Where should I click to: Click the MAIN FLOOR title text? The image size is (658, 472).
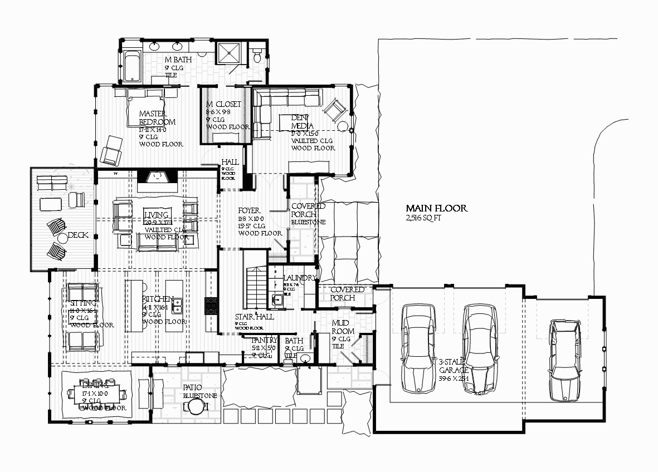pos(436,208)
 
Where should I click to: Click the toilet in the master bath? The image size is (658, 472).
pos(257,56)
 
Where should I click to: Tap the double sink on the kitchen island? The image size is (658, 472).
pos(178,306)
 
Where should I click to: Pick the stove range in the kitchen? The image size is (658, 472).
pos(211,307)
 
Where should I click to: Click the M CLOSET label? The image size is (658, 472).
pos(223,104)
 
